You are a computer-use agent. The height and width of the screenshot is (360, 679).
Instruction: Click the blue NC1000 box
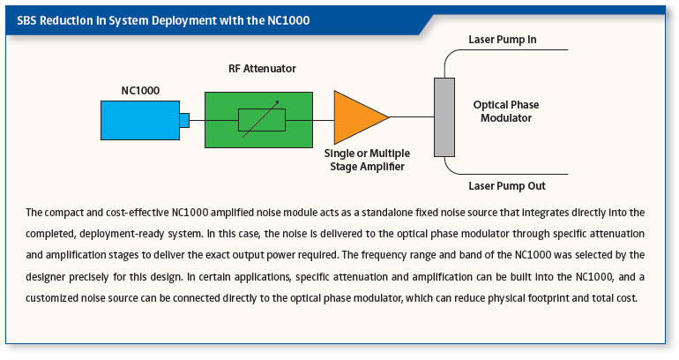point(138,120)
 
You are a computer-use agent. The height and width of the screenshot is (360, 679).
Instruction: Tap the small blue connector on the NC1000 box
point(183,120)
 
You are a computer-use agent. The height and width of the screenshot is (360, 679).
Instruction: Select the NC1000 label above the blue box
point(139,89)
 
